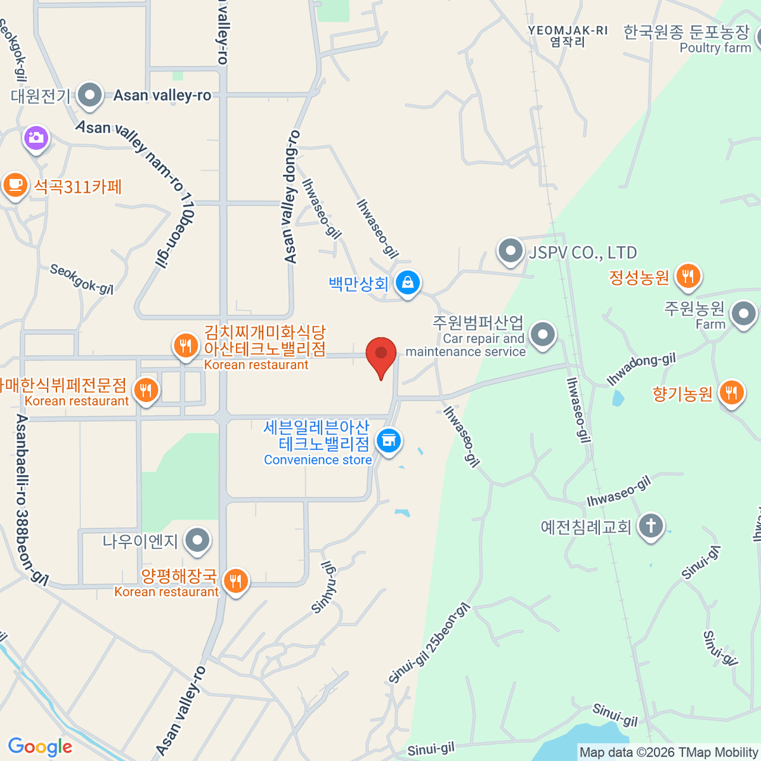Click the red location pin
tap(381, 354)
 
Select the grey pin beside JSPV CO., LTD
tap(510, 252)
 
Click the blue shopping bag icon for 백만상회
tap(408, 283)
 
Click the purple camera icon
tap(36, 138)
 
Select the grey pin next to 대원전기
tap(89, 96)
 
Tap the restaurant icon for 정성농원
tap(687, 276)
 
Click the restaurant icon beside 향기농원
tap(731, 393)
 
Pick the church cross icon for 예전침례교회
tap(651, 526)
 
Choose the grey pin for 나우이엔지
tap(198, 541)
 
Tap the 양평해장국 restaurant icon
tap(236, 580)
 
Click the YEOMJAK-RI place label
tap(568, 30)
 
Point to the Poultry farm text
tap(715, 48)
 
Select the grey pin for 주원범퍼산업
tap(542, 334)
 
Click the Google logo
tap(40, 747)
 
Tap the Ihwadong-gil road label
tap(641, 370)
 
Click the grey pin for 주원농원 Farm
tap(743, 313)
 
